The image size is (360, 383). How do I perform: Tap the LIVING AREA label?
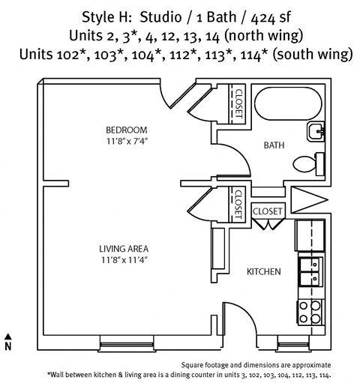tap(126, 249)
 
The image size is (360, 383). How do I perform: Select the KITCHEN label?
tap(264, 271)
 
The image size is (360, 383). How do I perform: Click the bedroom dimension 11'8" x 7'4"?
tap(126, 139)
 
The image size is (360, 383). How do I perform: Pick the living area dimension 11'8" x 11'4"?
tap(126, 261)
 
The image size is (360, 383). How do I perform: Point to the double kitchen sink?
tap(309, 272)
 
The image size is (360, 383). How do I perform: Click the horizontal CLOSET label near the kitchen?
tap(267, 211)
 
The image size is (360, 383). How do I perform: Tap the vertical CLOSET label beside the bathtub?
tap(238, 104)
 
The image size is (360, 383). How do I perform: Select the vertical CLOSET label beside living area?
tap(237, 204)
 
